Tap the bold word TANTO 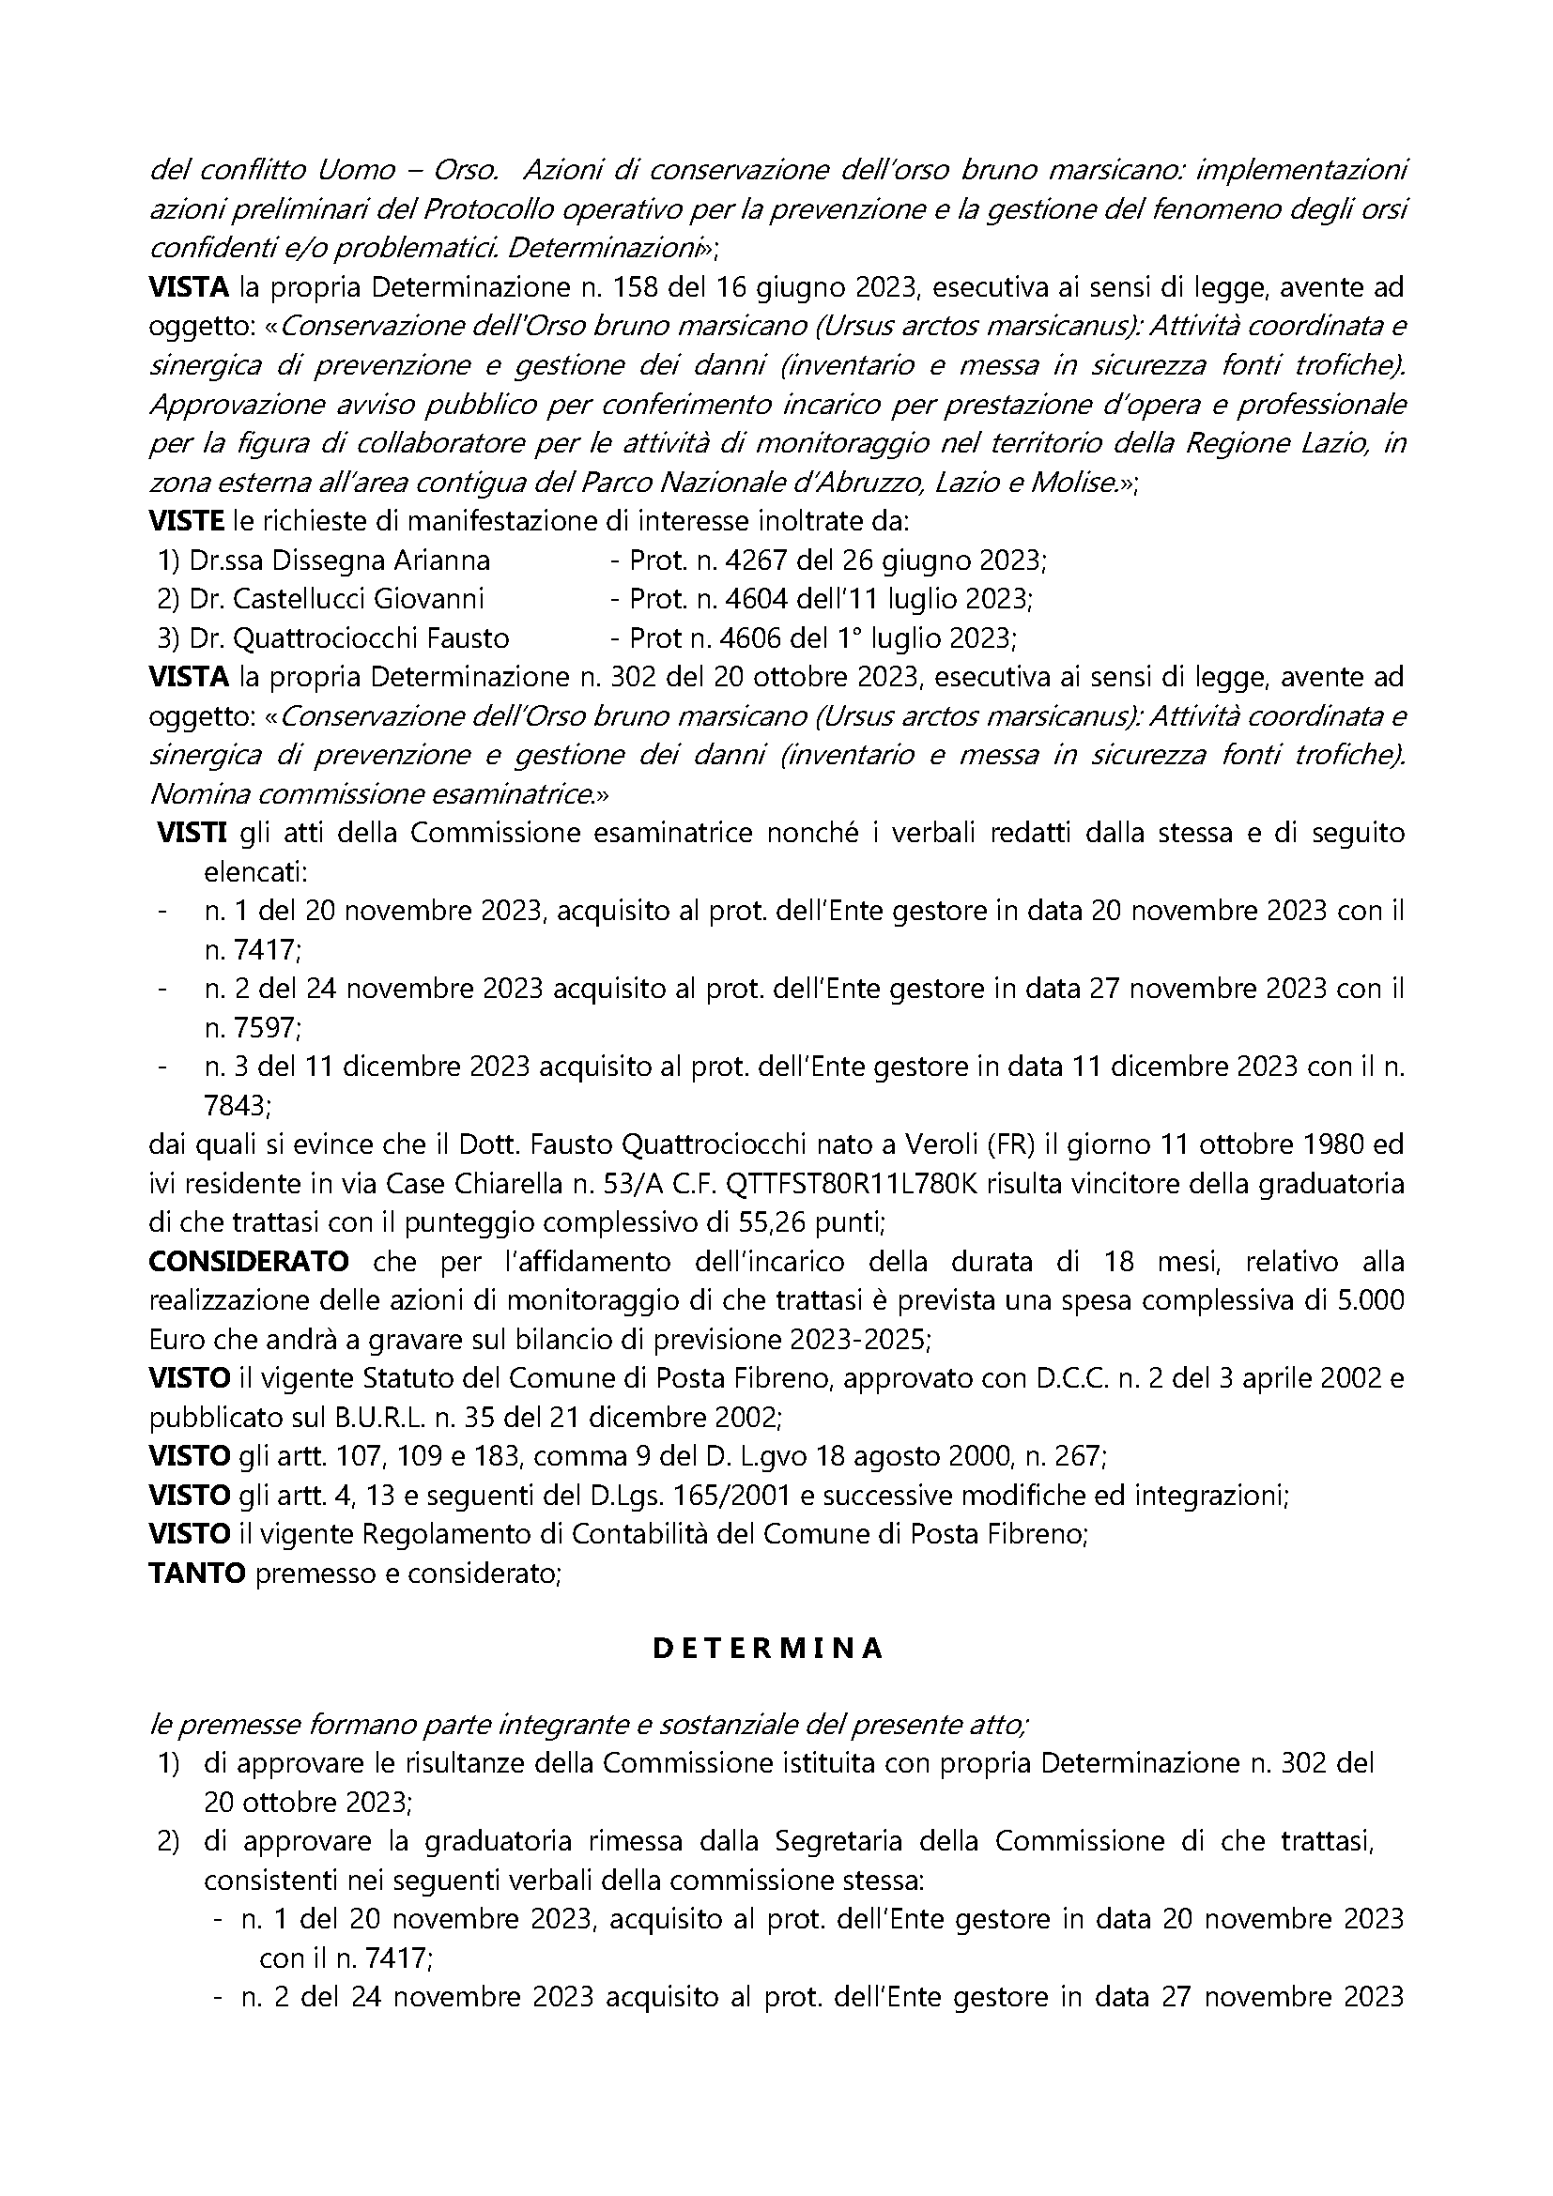pyautogui.click(x=198, y=1574)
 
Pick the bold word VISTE pyautogui.click(x=187, y=521)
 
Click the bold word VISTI pyautogui.click(x=192, y=833)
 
